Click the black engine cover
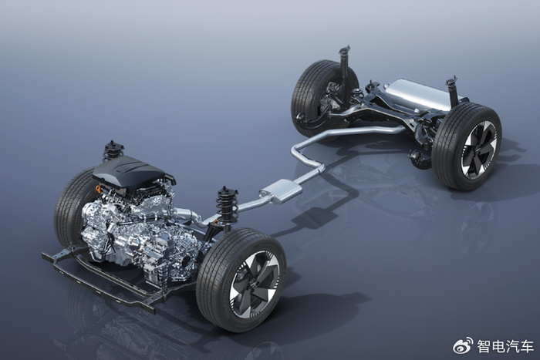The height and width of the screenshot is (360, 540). click(x=133, y=173)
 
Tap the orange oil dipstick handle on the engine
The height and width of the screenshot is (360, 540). click(x=99, y=188)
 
